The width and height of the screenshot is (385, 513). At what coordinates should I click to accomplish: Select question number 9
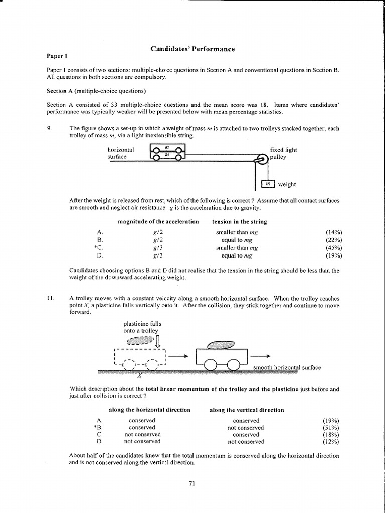49,128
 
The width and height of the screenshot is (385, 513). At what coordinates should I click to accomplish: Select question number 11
50,298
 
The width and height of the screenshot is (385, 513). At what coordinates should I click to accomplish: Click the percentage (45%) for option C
333,248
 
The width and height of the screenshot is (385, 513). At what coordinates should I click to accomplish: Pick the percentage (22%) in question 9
333,240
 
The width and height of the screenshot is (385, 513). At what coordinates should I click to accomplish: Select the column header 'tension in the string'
239,221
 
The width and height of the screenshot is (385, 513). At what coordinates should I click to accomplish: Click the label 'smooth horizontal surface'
287,367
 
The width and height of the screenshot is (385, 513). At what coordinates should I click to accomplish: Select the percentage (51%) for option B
331,428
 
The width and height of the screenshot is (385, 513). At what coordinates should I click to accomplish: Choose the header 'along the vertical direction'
247,410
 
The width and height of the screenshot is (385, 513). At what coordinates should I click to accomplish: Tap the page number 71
192,483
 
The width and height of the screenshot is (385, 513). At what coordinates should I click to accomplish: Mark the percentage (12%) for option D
331,442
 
